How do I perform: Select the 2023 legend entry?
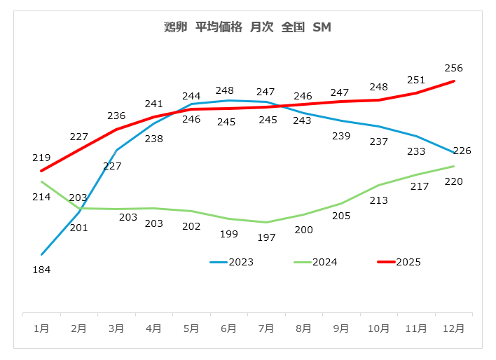(x=231, y=262)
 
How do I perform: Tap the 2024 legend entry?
(x=315, y=262)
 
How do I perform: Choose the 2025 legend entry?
(x=399, y=262)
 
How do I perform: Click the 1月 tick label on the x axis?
(x=41, y=327)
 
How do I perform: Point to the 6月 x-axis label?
(x=228, y=327)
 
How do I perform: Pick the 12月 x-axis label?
(x=453, y=327)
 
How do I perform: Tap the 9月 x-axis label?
(x=341, y=327)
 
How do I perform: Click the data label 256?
(x=454, y=68)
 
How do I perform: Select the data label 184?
(x=41, y=270)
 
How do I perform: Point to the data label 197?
(x=266, y=237)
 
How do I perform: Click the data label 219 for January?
(x=41, y=158)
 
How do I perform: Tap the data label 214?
(x=41, y=197)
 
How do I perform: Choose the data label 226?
(x=462, y=151)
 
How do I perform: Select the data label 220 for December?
(x=454, y=181)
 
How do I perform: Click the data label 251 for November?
(x=416, y=79)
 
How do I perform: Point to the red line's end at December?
(x=454, y=81)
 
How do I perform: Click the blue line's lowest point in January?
(x=42, y=254)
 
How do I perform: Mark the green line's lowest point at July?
(x=266, y=222)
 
